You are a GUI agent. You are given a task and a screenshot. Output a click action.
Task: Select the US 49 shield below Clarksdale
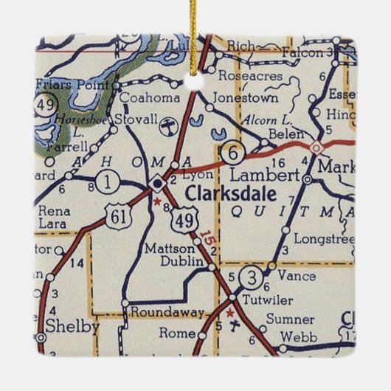pos(183,218)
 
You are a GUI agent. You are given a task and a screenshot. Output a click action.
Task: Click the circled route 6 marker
pos(234,153)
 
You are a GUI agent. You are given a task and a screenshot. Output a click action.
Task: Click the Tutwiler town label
pos(266,297)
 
